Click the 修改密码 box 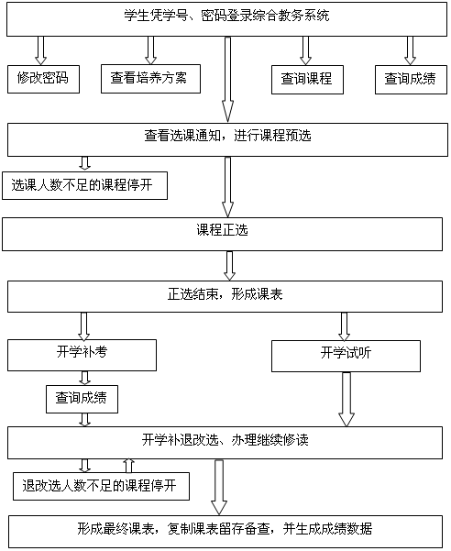[x=44, y=79]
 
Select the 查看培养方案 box [x=150, y=79]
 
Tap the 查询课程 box [x=307, y=80]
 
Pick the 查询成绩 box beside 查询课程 [x=411, y=80]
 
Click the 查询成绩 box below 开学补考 [x=82, y=399]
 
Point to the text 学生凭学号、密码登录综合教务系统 [x=227, y=16]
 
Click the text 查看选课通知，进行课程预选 [x=227, y=136]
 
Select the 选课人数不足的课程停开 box [x=84, y=185]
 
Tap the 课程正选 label [x=223, y=230]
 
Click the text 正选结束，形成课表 [x=225, y=294]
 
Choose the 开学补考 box [x=82, y=356]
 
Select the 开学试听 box [x=346, y=356]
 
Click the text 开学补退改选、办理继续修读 [x=225, y=440]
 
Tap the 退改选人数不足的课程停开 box [x=101, y=486]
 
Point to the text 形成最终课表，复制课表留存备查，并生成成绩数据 [x=225, y=529]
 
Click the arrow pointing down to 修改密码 [x=40, y=50]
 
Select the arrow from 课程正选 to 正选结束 [x=229, y=266]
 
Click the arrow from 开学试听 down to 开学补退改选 [x=346, y=400]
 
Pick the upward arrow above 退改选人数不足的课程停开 [x=129, y=466]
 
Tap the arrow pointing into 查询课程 [x=305, y=51]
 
